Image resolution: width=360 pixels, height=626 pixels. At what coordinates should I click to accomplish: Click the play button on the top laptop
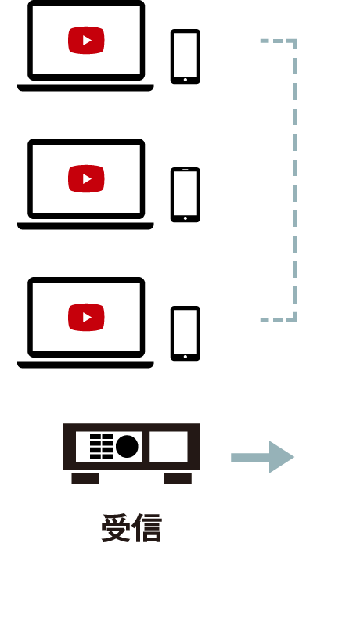tap(86, 40)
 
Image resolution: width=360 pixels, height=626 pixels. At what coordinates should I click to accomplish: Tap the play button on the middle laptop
tap(86, 178)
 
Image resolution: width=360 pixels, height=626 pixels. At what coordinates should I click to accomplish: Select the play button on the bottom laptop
tap(86, 317)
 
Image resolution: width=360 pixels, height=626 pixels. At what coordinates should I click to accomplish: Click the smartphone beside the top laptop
tap(185, 56)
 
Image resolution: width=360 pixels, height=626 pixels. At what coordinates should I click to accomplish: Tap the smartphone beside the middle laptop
tap(185, 195)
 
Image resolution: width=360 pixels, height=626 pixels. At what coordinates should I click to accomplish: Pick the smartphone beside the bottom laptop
tap(185, 333)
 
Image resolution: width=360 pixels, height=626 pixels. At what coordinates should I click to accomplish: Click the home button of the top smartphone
tap(185, 80)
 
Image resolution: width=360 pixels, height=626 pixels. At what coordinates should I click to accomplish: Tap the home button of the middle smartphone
tap(185, 218)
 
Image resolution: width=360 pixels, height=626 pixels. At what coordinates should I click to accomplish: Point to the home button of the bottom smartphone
tap(185, 357)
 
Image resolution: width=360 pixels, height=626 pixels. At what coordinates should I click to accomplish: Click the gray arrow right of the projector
tap(262, 457)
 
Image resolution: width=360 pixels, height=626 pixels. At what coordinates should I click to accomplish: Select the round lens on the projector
tap(127, 446)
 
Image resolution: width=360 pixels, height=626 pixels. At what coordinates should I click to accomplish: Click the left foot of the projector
tap(85, 478)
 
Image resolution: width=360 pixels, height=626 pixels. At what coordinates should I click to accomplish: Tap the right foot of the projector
tap(178, 478)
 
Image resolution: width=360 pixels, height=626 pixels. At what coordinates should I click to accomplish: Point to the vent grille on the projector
tap(102, 446)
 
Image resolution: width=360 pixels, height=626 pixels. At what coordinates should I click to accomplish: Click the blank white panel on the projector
tap(168, 446)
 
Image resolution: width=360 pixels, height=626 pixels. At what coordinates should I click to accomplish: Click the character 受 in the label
tap(116, 528)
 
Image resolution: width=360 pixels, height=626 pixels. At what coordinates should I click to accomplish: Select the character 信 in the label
tap(147, 528)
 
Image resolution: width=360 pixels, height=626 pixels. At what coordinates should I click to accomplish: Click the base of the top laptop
tap(85, 88)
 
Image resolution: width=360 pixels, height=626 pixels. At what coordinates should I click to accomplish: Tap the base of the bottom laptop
tap(85, 365)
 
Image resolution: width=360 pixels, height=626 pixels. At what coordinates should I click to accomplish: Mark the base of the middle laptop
tap(85, 226)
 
